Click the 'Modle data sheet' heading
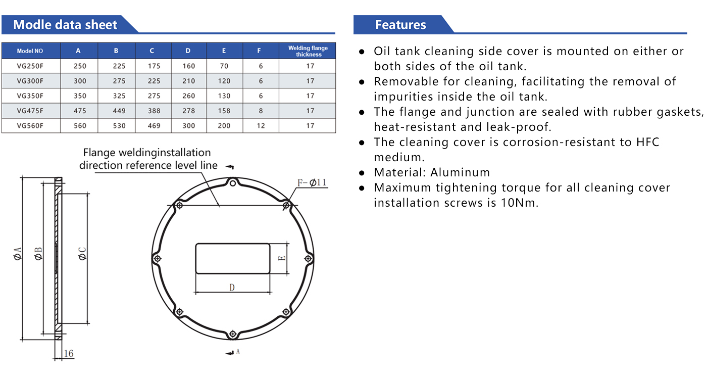point(65,25)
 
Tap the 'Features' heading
point(400,25)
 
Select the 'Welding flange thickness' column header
point(308,51)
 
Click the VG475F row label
point(30,111)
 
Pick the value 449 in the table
point(119,111)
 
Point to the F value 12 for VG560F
point(261,126)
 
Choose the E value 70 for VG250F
point(224,66)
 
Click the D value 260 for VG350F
point(189,96)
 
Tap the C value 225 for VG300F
point(154,81)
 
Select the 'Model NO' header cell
point(30,51)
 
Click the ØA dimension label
point(18,254)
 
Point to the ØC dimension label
point(82,254)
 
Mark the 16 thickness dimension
point(69,353)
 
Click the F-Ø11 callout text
point(312,182)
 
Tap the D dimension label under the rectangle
point(232,288)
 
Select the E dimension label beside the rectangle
point(282,258)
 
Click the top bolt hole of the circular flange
point(233,183)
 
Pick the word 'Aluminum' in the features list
point(460,172)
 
